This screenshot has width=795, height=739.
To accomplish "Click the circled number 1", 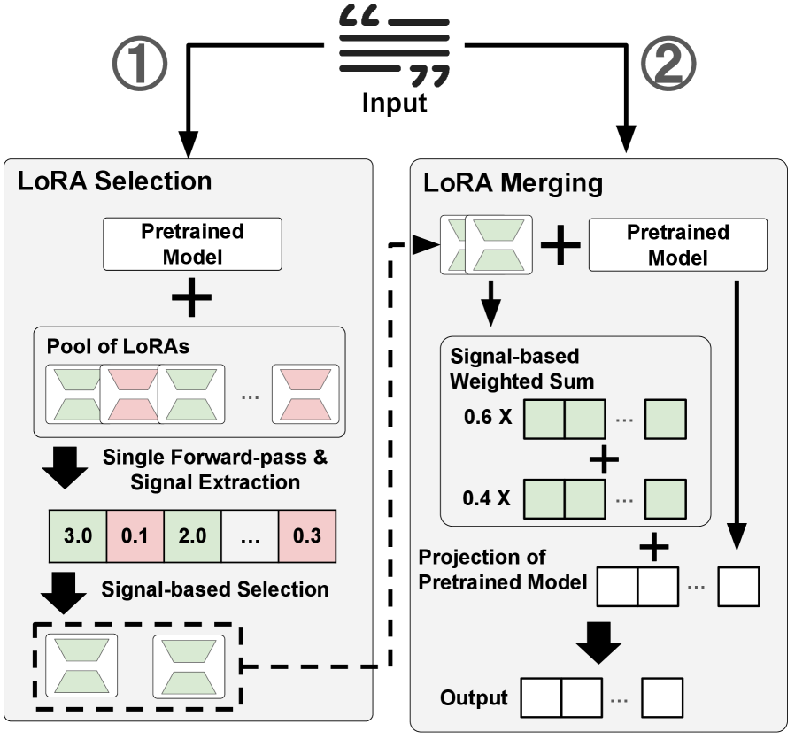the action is (x=139, y=64).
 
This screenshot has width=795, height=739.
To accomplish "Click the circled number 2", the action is (x=668, y=64).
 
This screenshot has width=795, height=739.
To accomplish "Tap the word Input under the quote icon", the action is (x=395, y=103).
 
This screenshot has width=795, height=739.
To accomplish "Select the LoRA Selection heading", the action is (x=114, y=181).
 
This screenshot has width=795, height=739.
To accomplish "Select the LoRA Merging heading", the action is (x=513, y=183).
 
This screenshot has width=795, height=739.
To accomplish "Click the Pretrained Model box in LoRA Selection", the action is (x=193, y=243).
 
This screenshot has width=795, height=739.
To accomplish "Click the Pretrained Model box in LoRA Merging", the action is (x=678, y=245).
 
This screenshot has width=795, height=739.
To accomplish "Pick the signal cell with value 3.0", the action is (x=78, y=535).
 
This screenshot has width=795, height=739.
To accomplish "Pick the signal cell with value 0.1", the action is (x=135, y=535).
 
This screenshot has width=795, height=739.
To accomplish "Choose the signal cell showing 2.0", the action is (x=192, y=535).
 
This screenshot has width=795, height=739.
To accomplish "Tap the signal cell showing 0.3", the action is (x=306, y=535).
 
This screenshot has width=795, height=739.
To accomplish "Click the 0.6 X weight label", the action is (x=488, y=417).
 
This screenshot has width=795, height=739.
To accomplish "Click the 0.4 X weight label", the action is (x=486, y=498).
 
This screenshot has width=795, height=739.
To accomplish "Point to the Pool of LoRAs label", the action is (x=118, y=347).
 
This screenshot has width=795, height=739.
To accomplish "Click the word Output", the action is (x=474, y=698).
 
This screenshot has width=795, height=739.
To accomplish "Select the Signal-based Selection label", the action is (x=215, y=589).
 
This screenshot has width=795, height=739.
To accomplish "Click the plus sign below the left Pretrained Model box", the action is (x=191, y=297).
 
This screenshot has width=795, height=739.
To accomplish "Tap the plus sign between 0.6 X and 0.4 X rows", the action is (x=604, y=459).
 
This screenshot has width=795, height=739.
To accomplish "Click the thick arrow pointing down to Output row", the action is (x=598, y=643).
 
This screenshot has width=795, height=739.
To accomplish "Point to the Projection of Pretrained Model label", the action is (x=503, y=569).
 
